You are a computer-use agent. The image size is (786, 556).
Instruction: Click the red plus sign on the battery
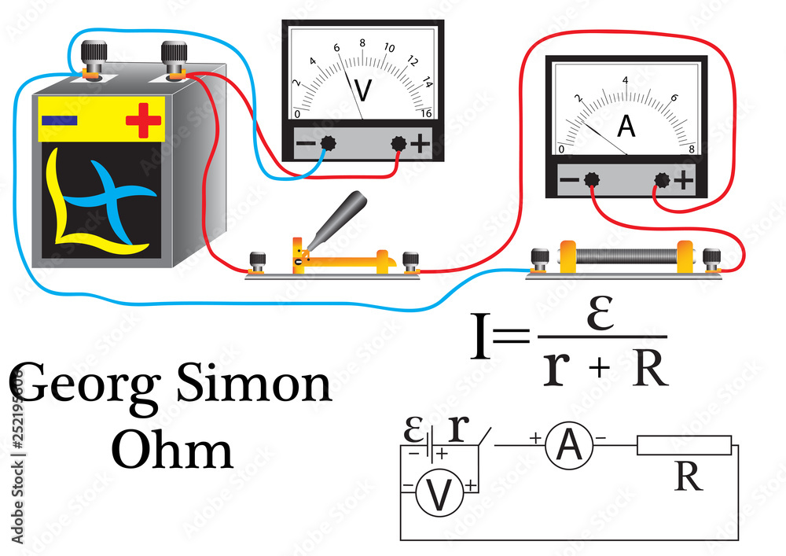click(143, 120)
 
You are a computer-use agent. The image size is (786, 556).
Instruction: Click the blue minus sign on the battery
click(59, 120)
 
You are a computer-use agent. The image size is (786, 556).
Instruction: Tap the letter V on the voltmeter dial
click(362, 90)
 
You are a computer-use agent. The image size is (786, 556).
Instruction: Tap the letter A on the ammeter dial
click(626, 126)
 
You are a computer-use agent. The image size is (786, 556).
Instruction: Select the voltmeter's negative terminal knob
click(328, 143)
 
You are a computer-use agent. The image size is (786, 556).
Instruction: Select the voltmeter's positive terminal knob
click(399, 143)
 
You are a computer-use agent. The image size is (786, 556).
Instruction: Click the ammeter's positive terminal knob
click(663, 181)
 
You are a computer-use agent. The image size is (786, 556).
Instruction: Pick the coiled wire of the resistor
click(629, 256)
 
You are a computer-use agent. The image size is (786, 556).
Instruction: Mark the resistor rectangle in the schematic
click(684, 446)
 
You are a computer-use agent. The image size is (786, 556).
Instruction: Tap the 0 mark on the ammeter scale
click(561, 149)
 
